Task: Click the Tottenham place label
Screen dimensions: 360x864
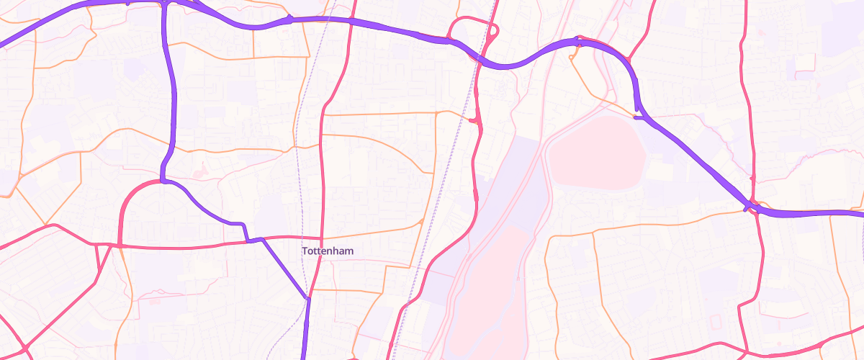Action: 328,251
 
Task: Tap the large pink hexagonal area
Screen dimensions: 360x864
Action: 596,152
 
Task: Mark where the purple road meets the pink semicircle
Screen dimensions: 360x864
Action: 164,181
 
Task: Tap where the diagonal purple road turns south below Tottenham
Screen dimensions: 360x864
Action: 307,297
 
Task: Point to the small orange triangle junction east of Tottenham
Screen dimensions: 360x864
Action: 420,221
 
